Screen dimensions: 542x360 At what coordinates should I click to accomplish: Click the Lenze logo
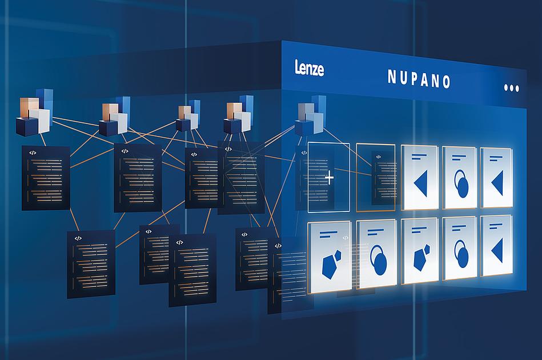(x=310, y=67)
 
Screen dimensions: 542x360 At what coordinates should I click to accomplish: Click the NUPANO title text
(x=419, y=79)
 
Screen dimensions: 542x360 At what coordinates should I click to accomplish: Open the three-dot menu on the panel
(x=512, y=88)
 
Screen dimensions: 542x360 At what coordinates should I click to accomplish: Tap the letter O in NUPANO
(x=447, y=82)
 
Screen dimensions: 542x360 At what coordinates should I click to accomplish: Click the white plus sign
(x=330, y=178)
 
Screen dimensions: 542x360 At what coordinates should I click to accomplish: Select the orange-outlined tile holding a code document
(x=376, y=177)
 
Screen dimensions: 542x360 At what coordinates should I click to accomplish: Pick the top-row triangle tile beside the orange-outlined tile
(x=420, y=177)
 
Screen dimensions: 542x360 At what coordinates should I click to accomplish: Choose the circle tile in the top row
(x=460, y=178)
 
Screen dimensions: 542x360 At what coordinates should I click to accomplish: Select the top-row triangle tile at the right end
(x=496, y=178)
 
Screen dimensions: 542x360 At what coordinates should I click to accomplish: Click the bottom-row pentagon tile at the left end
(x=330, y=257)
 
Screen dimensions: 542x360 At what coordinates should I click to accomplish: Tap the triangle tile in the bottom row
(x=496, y=246)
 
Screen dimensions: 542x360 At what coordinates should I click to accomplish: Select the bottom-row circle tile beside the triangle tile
(x=460, y=249)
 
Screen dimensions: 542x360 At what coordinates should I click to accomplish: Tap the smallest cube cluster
(x=188, y=115)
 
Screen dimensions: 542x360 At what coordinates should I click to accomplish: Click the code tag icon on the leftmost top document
(x=33, y=153)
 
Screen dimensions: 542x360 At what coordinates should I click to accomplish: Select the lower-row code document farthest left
(x=91, y=264)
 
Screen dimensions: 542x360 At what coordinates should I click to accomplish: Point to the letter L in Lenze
(x=298, y=66)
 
